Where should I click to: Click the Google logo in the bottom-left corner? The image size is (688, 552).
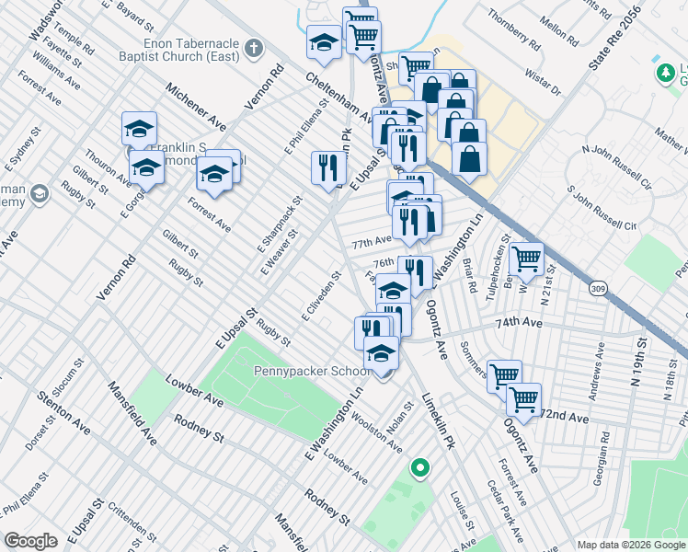(x=30, y=541)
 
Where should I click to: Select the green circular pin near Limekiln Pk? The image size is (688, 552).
(x=419, y=468)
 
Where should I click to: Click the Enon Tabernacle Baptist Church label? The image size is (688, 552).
(x=178, y=51)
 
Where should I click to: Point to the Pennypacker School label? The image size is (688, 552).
(x=313, y=372)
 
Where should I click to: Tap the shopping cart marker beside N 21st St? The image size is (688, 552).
(x=527, y=260)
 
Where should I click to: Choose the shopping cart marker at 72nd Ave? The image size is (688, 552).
(x=523, y=400)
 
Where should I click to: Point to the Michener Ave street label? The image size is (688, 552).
(x=195, y=107)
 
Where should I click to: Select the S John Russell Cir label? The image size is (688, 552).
(x=602, y=212)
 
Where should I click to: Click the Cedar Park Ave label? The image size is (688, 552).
(x=505, y=511)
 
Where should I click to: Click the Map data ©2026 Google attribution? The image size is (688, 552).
(x=630, y=545)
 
